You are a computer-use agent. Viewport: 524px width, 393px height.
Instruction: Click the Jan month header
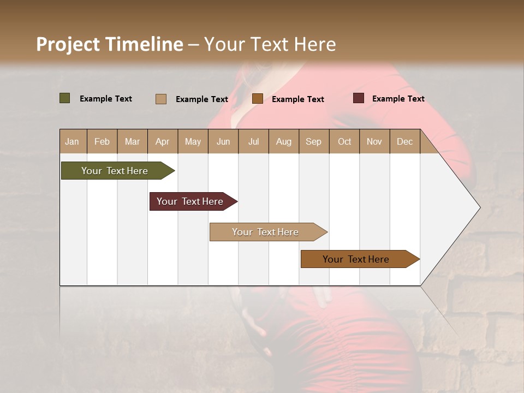click(73, 141)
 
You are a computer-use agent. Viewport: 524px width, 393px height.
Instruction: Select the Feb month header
click(102, 141)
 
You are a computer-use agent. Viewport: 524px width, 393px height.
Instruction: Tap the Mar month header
click(132, 141)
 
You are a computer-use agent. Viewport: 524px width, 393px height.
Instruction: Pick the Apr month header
click(163, 141)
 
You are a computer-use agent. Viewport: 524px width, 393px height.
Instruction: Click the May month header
click(193, 141)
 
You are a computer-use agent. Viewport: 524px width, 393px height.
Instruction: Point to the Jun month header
click(223, 141)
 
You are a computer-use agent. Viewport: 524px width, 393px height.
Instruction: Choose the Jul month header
click(253, 141)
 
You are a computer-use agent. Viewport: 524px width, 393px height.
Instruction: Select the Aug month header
click(284, 141)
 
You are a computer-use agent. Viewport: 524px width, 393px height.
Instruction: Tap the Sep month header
click(314, 141)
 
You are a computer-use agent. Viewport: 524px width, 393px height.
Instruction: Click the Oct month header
click(344, 141)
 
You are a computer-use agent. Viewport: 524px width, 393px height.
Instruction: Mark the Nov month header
click(374, 141)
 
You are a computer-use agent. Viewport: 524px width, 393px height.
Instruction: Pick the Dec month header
click(405, 141)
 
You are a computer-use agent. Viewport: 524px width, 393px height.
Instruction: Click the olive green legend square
click(65, 98)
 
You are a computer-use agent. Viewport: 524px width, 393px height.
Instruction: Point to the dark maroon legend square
click(359, 98)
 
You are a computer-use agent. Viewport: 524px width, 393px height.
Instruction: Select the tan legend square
click(161, 99)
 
